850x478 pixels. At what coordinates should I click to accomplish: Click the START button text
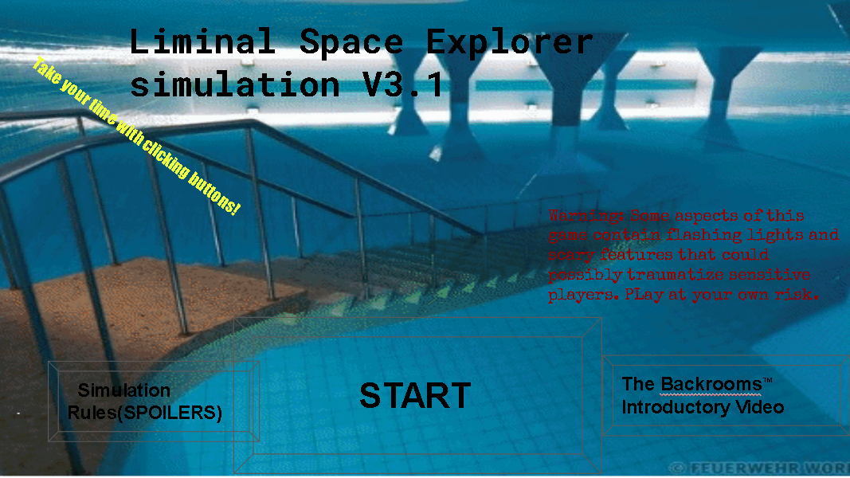pos(415,396)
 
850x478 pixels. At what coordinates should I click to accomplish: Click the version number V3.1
pos(402,84)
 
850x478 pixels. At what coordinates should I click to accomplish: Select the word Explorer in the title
pos(510,41)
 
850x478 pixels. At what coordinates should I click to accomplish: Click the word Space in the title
pos(351,41)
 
